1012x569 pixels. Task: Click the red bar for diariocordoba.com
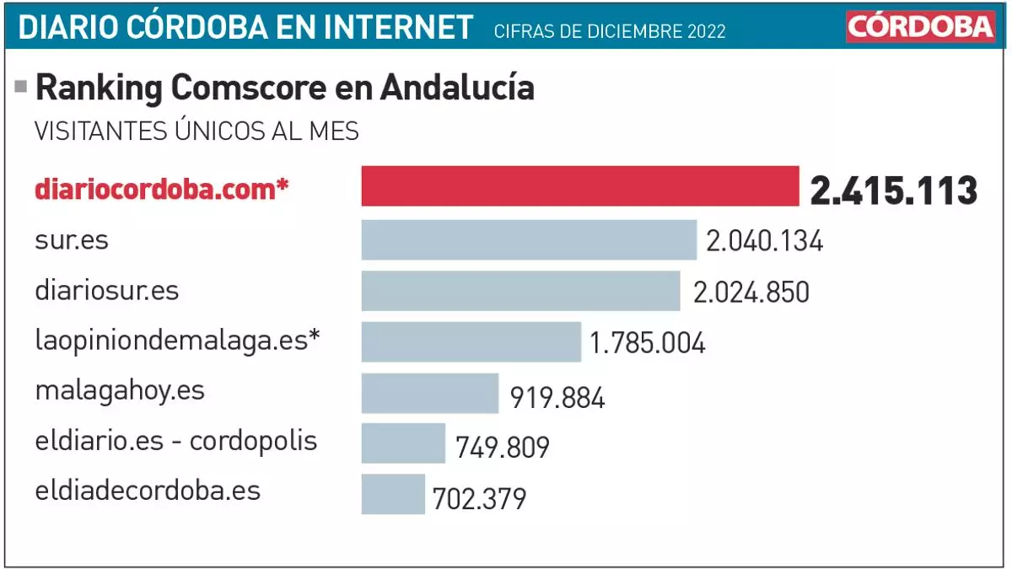click(x=580, y=185)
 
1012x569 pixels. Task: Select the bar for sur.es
click(x=529, y=240)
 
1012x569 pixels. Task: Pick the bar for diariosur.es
click(x=520, y=291)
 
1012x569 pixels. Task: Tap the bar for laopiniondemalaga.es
click(x=471, y=341)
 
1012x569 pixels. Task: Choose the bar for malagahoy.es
click(x=430, y=394)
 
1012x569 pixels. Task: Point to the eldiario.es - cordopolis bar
click(x=403, y=443)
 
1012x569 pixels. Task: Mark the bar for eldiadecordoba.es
click(x=393, y=494)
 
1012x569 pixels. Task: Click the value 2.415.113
click(x=893, y=191)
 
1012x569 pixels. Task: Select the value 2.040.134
click(x=764, y=242)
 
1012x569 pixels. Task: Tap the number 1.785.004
click(x=647, y=344)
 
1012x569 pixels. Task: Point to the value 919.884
click(x=557, y=397)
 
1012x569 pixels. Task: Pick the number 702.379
click(x=479, y=498)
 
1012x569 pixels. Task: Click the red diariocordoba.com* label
click(x=162, y=189)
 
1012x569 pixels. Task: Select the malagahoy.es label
click(x=120, y=392)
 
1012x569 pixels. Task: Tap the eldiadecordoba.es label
click(x=148, y=491)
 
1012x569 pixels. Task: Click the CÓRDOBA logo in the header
click(x=921, y=27)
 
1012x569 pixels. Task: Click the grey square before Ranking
click(x=21, y=86)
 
